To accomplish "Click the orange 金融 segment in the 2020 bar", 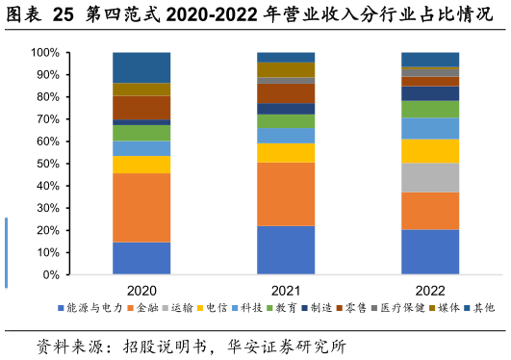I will click(x=141, y=207).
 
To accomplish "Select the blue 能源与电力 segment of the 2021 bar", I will click(x=286, y=250).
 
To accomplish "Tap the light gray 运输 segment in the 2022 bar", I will click(x=430, y=177).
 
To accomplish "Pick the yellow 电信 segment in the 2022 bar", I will click(x=430, y=151).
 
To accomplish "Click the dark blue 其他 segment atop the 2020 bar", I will click(x=141, y=67).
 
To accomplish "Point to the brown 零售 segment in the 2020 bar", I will click(x=141, y=107).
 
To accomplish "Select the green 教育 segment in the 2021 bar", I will click(x=286, y=121).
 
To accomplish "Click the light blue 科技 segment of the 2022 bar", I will click(x=430, y=128).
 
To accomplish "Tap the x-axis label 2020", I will click(x=141, y=290).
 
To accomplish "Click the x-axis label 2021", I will click(x=286, y=290).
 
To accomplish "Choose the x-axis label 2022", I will click(x=430, y=290).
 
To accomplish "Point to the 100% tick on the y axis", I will click(x=46, y=53).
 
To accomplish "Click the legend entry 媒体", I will click(x=447, y=308).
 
